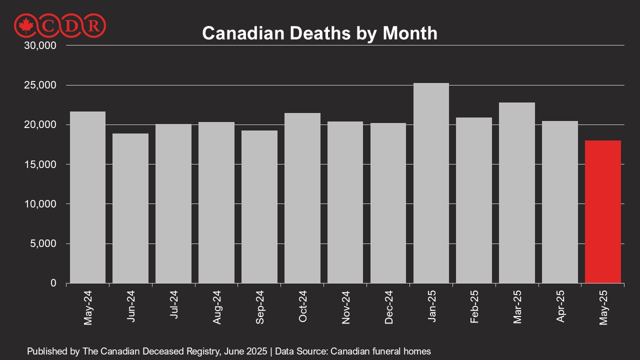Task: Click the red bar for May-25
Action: pos(602,212)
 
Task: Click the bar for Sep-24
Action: pos(259,207)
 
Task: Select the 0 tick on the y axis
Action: pos(53,283)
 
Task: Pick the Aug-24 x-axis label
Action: pos(216,307)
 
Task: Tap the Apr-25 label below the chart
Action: pos(560,307)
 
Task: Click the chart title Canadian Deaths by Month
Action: pos(319,33)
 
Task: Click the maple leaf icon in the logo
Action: pos(24,25)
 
